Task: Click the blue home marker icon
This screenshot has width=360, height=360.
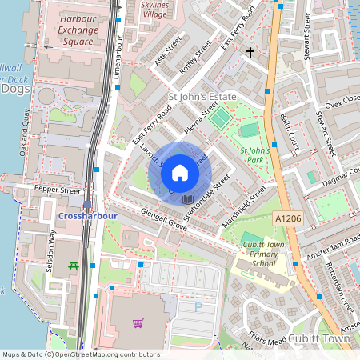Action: [180, 172]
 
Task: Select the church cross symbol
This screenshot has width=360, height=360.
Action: [250, 53]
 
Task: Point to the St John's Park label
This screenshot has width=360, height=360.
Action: [257, 154]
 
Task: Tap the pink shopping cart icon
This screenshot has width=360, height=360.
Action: [138, 323]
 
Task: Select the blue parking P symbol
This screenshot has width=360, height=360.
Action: [198, 306]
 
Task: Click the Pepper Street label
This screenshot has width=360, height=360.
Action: [58, 191]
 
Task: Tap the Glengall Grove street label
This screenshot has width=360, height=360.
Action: [163, 222]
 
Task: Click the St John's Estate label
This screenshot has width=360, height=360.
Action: [202, 96]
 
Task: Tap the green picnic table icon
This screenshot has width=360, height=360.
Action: [74, 266]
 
